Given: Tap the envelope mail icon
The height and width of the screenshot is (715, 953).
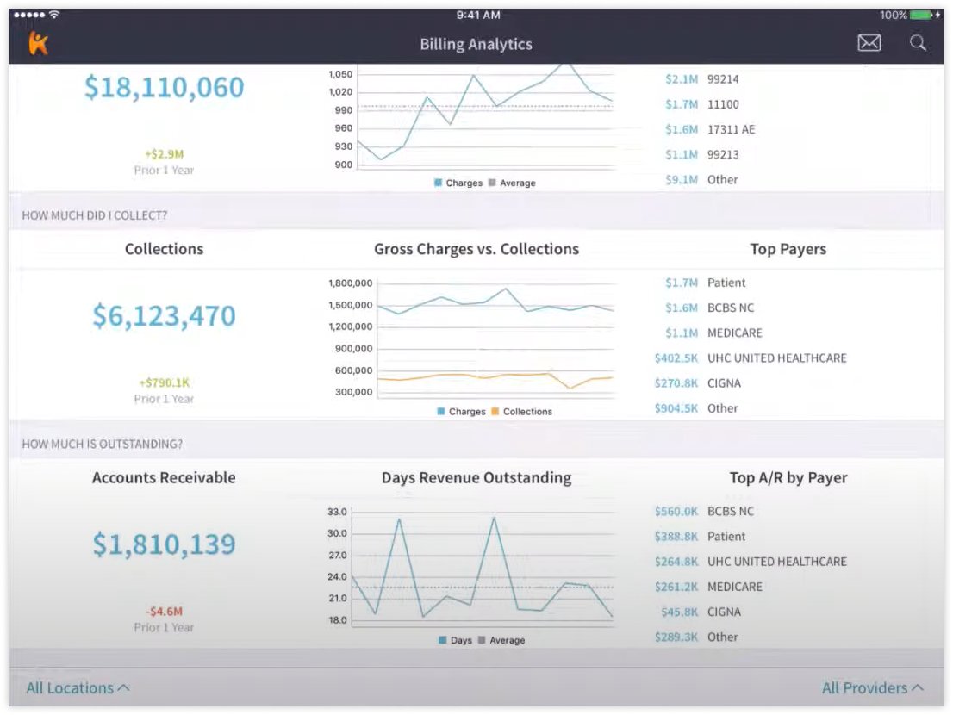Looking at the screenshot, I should click(x=869, y=43).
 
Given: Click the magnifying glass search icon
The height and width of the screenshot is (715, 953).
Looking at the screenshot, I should click(x=918, y=43).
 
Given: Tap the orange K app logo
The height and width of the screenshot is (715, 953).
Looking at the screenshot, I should click(x=38, y=43).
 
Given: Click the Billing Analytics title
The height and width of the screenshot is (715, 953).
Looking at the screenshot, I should click(x=476, y=44).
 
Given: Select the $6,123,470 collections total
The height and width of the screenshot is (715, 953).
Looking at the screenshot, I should click(x=164, y=316).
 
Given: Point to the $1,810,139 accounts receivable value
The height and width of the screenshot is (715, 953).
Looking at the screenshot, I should click(x=164, y=544).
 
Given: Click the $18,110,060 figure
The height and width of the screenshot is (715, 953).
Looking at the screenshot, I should click(x=164, y=88).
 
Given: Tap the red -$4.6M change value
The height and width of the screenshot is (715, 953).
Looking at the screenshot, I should click(x=164, y=612).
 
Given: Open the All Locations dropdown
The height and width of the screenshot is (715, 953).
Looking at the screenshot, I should click(x=78, y=687).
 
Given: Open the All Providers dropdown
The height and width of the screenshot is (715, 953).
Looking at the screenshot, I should click(x=872, y=687).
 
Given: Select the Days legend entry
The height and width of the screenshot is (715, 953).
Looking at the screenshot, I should click(x=456, y=640).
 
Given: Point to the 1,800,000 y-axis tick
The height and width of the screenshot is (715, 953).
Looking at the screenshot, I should click(x=351, y=283).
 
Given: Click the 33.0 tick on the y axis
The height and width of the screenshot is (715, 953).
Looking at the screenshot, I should click(x=337, y=512).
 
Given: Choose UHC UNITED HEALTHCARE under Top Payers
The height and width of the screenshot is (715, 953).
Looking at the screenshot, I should click(x=776, y=357).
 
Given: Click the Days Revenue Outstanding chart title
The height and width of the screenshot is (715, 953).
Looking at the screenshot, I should click(x=476, y=477).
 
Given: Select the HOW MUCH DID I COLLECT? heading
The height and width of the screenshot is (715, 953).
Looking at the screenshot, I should click(x=94, y=215).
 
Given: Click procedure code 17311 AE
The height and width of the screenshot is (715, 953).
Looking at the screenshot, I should click(x=731, y=129).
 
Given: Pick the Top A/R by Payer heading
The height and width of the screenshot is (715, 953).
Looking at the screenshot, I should click(x=788, y=477).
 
